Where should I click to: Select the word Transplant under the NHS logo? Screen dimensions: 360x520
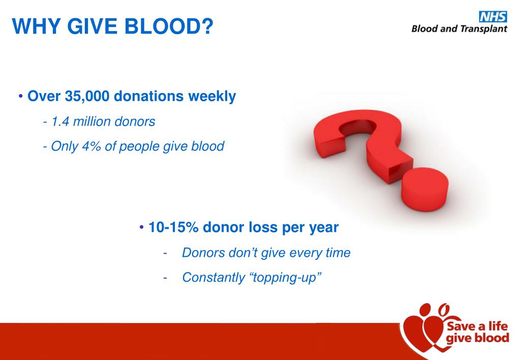tap(483, 28)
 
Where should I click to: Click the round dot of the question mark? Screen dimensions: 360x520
tap(424, 190)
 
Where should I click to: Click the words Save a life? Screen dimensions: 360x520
tap(477, 326)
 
